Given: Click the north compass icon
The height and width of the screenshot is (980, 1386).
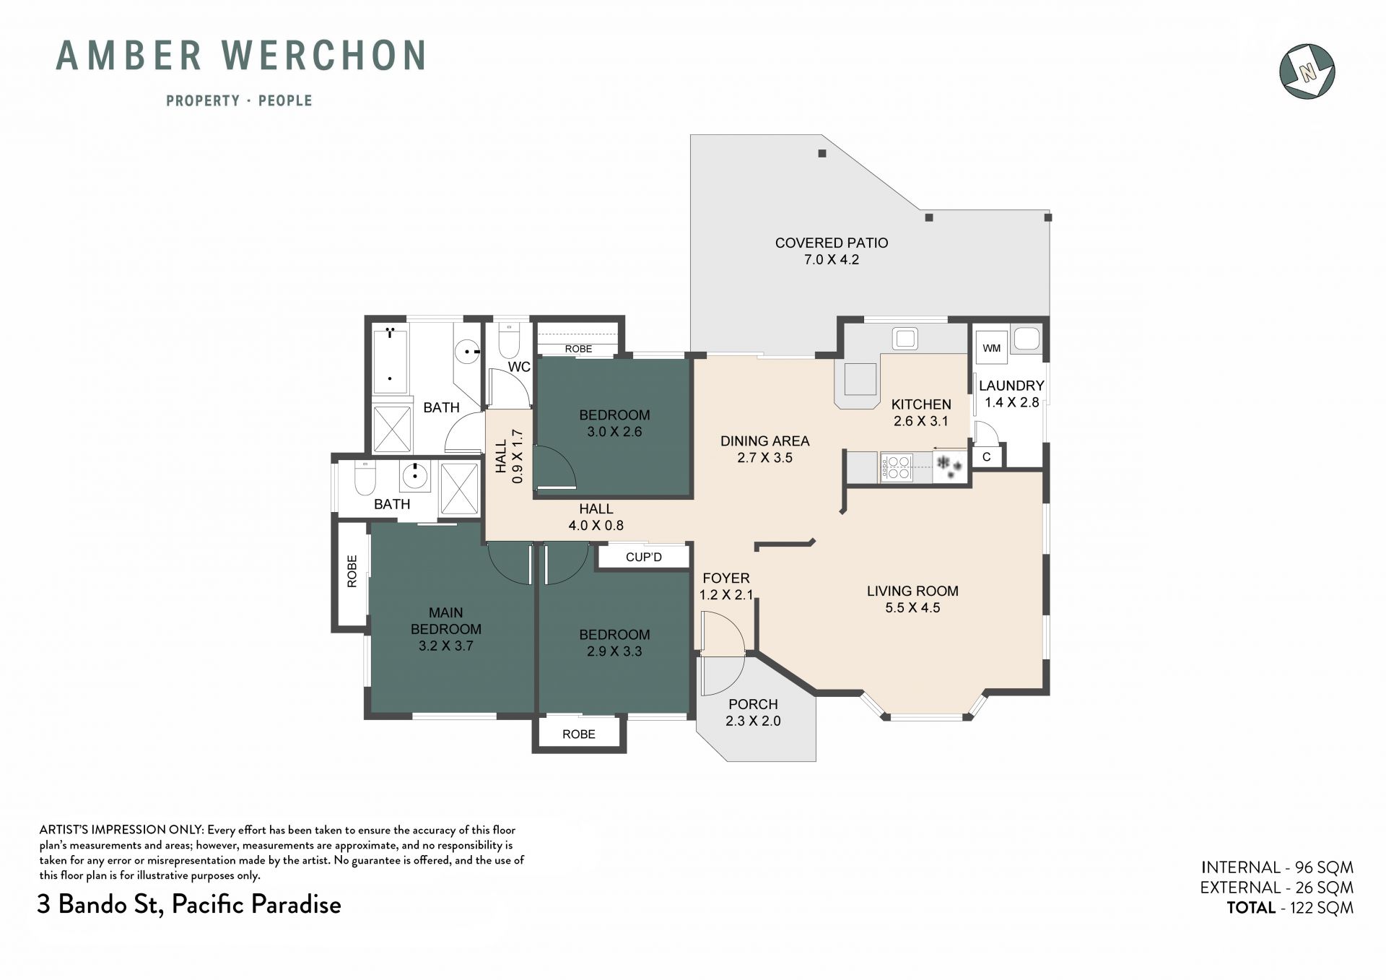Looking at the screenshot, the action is click(x=1307, y=71).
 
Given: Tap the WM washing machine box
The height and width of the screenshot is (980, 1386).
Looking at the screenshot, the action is click(x=992, y=348).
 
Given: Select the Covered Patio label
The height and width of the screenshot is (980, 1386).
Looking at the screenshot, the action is click(x=832, y=243).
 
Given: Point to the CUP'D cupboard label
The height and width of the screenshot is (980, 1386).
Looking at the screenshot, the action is click(x=644, y=557).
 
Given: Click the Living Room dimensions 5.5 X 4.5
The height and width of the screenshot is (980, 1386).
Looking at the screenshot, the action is click(x=912, y=608).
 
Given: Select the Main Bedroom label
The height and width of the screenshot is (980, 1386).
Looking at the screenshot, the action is click(x=446, y=620).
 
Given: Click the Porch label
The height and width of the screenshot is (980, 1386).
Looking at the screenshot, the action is click(x=753, y=704).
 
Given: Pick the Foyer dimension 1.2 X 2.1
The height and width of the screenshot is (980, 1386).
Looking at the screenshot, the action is click(x=726, y=595).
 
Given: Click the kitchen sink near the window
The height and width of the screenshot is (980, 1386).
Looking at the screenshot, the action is click(x=905, y=338).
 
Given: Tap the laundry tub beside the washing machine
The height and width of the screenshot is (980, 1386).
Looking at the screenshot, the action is click(x=1026, y=339).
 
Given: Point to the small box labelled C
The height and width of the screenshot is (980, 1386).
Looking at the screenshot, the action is click(x=986, y=457).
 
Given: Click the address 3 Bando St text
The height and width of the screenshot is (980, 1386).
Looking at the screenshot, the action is click(x=101, y=904).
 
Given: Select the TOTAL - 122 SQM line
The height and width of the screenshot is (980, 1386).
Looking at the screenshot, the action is click(x=1290, y=908).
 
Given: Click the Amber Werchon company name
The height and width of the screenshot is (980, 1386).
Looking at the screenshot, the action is click(x=241, y=56).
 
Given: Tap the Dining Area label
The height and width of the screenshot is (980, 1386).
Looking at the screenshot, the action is click(x=764, y=441).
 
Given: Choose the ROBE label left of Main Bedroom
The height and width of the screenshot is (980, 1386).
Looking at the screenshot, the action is click(x=352, y=571).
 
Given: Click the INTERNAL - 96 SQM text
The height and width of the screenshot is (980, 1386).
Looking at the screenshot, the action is click(x=1277, y=867).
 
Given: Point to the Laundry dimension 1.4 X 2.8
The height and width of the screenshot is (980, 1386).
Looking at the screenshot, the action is click(x=1011, y=402).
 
